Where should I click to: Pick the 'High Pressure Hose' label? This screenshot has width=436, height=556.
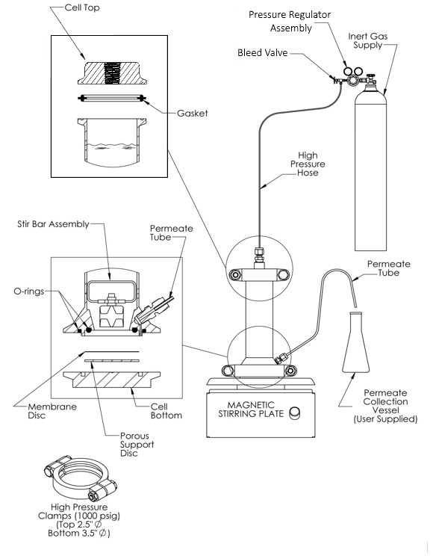(308, 164)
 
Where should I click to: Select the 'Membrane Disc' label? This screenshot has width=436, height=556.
(29, 410)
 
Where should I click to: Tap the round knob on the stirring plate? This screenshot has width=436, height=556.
(296, 412)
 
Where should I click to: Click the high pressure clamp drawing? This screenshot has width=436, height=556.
(74, 481)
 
